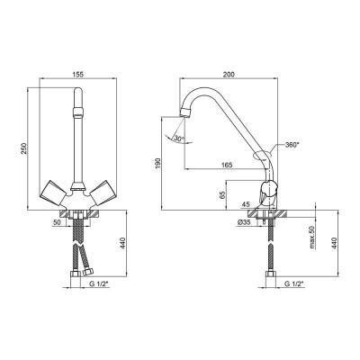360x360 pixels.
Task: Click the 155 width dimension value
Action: (x=77, y=74)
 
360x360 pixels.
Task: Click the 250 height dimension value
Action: (x=23, y=148)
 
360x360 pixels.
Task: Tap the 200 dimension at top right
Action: (x=229, y=74)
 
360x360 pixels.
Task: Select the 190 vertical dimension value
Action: (x=158, y=163)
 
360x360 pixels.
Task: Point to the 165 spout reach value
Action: (x=228, y=165)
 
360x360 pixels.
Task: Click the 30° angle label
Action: (x=179, y=139)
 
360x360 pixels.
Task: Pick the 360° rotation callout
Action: (x=292, y=145)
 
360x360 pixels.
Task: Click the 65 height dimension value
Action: (x=222, y=195)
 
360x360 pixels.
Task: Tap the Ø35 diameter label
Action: (x=244, y=222)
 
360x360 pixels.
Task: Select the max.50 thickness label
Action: (x=312, y=238)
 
